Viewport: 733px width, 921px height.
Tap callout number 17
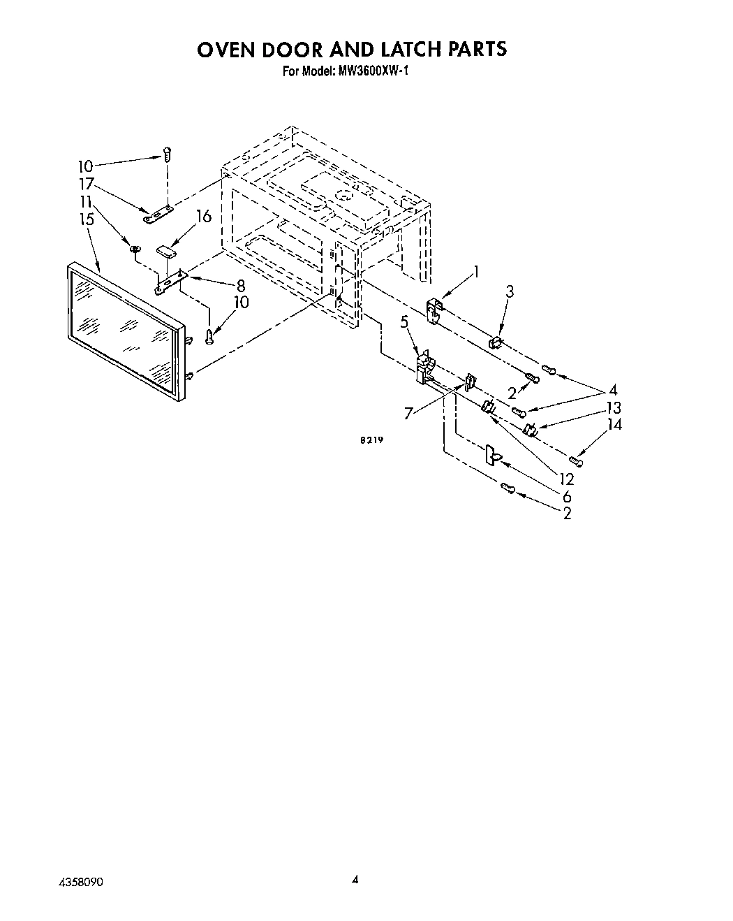tap(86, 184)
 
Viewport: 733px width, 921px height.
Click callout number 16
tap(203, 217)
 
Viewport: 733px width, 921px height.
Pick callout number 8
tap(240, 285)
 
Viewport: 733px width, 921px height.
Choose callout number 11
tap(86, 202)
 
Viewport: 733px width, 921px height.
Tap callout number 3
tap(510, 291)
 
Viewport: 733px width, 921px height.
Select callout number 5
tap(404, 321)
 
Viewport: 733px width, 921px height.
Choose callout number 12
tap(565, 479)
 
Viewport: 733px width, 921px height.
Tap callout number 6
tap(567, 496)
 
